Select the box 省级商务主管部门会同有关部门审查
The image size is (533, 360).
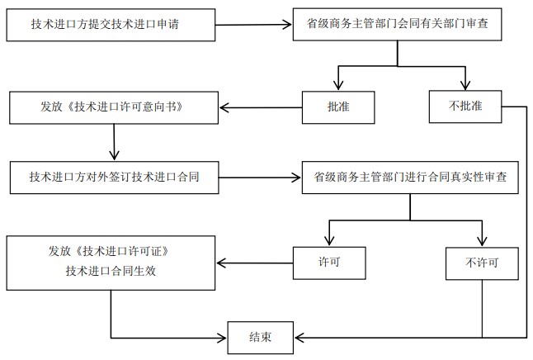click(x=399, y=25)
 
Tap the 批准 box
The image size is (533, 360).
click(x=338, y=106)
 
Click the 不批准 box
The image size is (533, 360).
click(x=465, y=106)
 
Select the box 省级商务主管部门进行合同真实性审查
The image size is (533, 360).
click(x=410, y=177)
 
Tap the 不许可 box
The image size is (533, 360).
click(x=482, y=263)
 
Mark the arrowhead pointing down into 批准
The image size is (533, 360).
click(x=338, y=86)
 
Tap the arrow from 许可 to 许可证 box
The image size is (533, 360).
click(x=255, y=264)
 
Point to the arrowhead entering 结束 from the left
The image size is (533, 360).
click(x=223, y=337)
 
